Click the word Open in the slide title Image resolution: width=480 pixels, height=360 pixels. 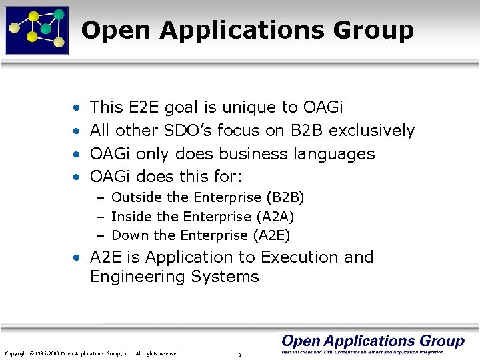click(116, 30)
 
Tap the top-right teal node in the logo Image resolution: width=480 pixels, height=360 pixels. click(59, 14)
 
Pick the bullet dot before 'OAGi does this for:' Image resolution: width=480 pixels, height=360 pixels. click(78, 178)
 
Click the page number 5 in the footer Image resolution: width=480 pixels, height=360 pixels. click(239, 353)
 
